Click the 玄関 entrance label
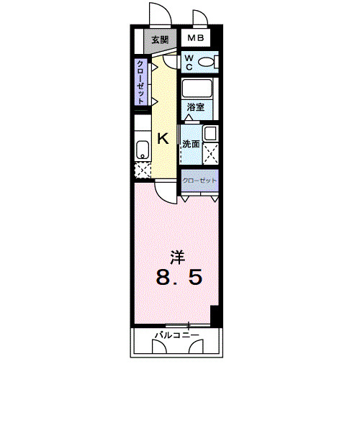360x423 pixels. pos(160,40)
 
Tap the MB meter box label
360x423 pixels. pos(197,39)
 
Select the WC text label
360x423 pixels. pos(189,60)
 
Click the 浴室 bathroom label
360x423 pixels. pos(195,107)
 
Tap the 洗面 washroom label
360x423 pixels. pos(190,142)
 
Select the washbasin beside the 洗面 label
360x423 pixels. pos(212,133)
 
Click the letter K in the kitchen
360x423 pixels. pos(163,139)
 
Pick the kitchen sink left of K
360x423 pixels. pos(142,150)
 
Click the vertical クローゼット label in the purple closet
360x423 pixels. pos(142,82)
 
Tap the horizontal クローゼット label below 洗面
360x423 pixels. pos(199,179)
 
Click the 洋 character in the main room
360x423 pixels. pos(176,255)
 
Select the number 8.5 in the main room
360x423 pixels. pos(176,277)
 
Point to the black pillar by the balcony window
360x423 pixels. pos(215,315)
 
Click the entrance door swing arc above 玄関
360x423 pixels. pos(159,14)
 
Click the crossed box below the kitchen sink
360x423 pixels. pos(142,170)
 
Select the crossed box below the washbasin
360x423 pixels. pos(212,153)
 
